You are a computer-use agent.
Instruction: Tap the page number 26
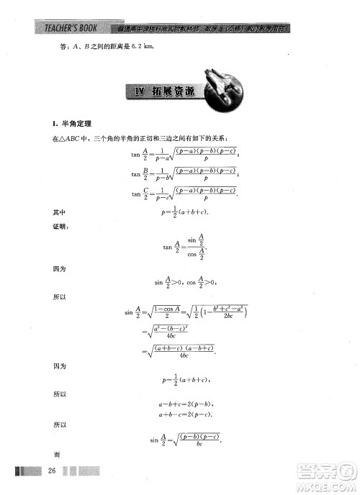click(x=51, y=471)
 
